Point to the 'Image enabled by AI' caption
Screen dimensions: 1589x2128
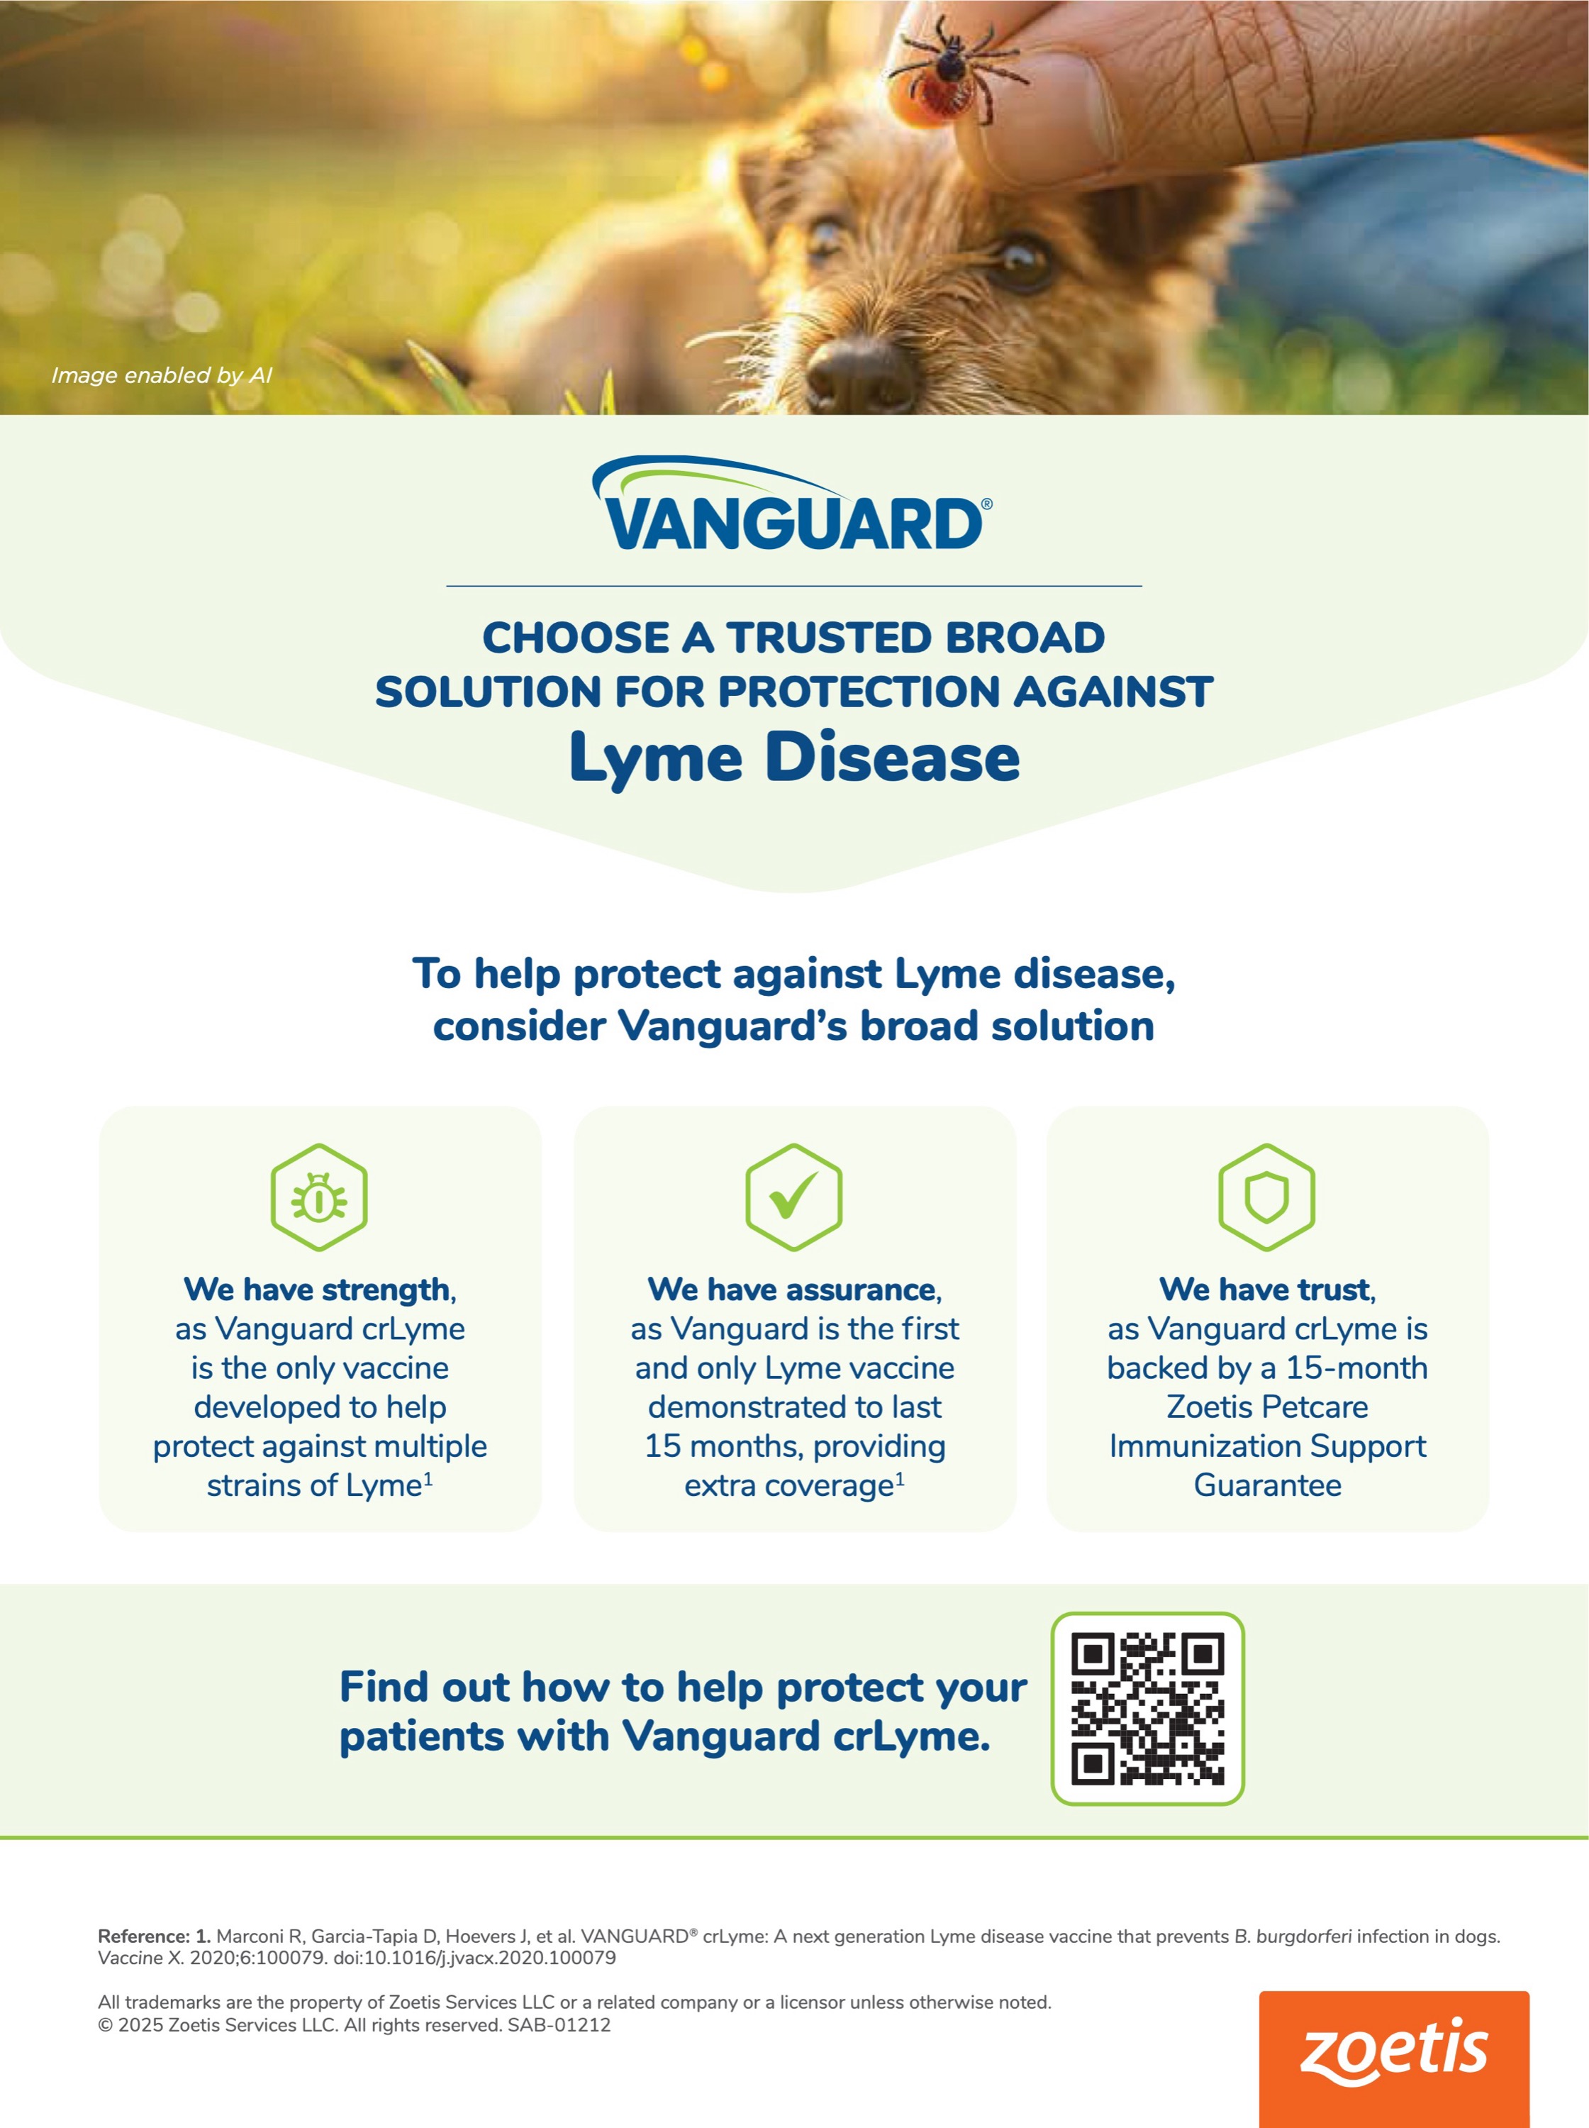tap(162, 375)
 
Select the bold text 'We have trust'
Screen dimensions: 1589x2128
tap(1265, 1289)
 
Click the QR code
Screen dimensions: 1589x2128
tap(1147, 1707)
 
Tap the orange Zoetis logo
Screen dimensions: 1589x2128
tap(1394, 2058)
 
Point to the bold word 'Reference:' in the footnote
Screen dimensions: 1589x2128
tap(144, 1936)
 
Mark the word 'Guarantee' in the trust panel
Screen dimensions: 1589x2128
tap(1268, 1485)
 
